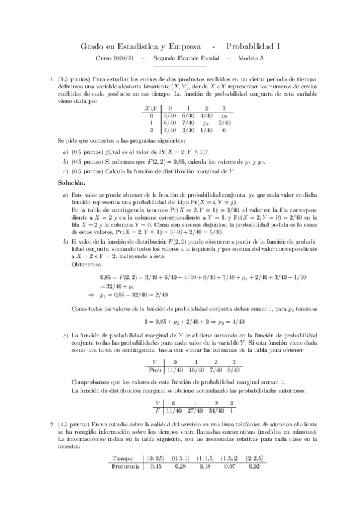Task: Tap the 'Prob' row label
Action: (154, 371)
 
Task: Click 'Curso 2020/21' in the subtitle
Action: (116, 58)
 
